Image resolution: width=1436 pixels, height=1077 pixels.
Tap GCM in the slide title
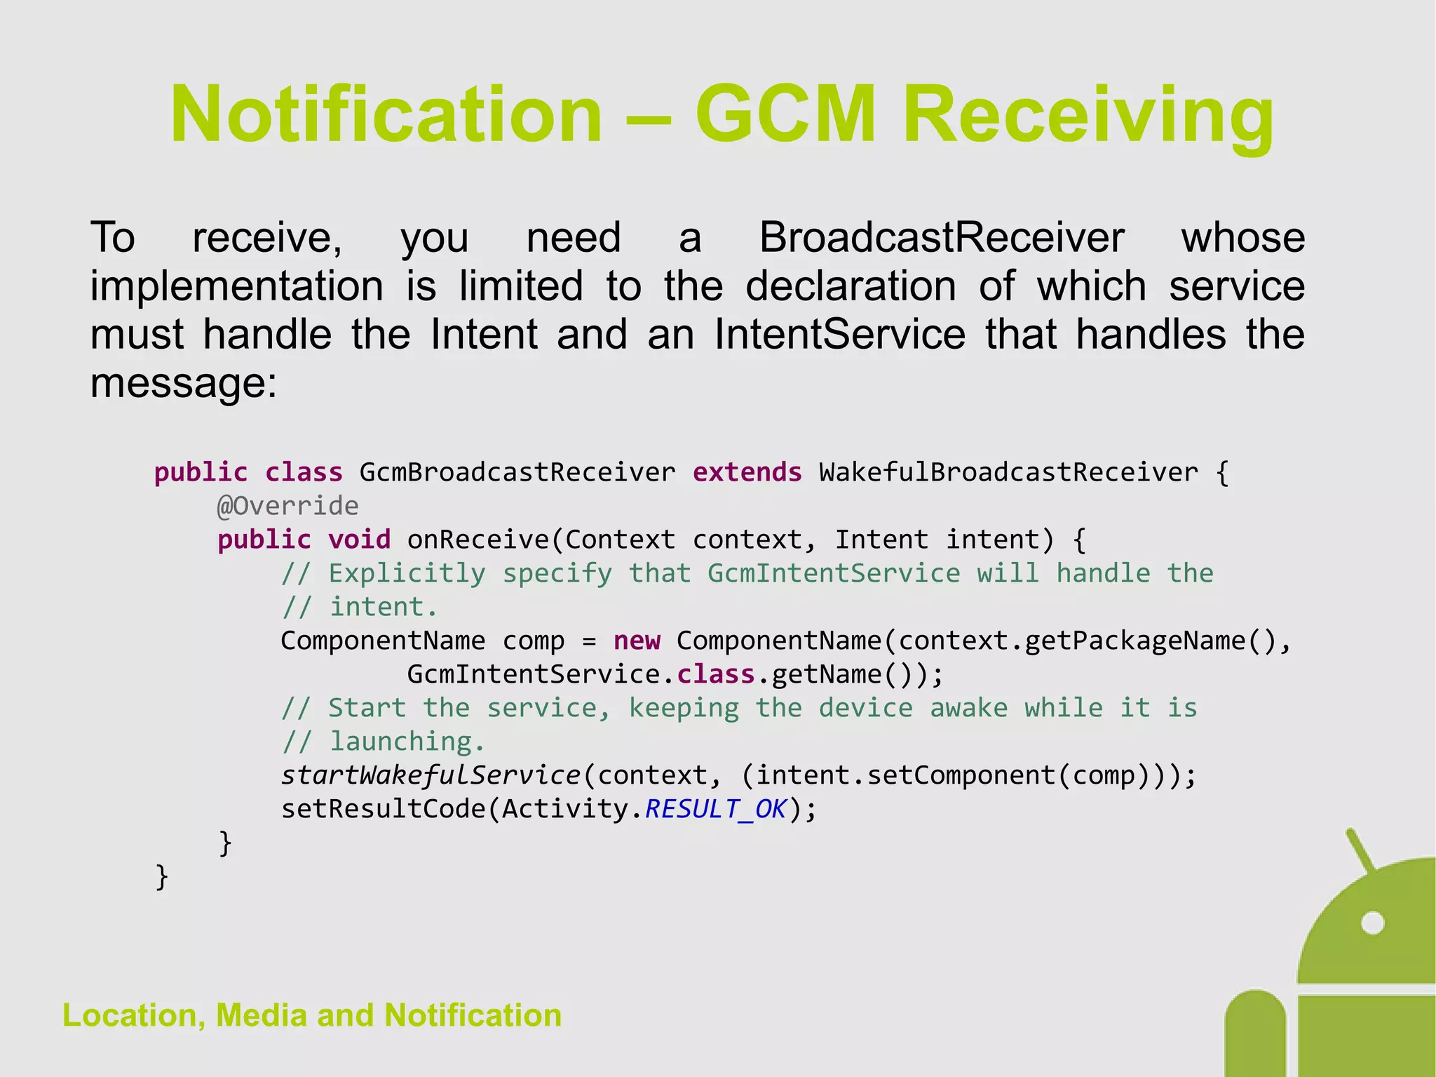(785, 114)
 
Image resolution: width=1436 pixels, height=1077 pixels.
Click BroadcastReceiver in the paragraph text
(942, 237)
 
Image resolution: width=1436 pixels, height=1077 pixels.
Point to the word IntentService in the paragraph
(840, 334)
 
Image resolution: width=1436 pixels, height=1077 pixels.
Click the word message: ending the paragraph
(184, 383)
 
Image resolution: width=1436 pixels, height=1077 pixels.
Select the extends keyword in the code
(747, 472)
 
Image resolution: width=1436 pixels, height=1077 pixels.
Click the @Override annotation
(287, 506)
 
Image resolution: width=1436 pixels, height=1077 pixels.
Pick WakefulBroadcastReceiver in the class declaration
(1008, 472)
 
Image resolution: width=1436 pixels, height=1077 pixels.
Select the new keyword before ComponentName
(637, 641)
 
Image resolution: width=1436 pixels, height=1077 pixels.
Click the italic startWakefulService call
(431, 775)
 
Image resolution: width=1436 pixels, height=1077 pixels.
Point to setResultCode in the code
(383, 809)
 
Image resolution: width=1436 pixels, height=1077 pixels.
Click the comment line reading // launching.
(383, 742)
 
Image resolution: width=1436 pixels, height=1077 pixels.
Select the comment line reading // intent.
(359, 607)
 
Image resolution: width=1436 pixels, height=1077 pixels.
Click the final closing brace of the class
(162, 876)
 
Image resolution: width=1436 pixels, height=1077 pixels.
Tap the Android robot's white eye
(1372, 923)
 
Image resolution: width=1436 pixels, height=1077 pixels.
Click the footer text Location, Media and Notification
(312, 1015)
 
